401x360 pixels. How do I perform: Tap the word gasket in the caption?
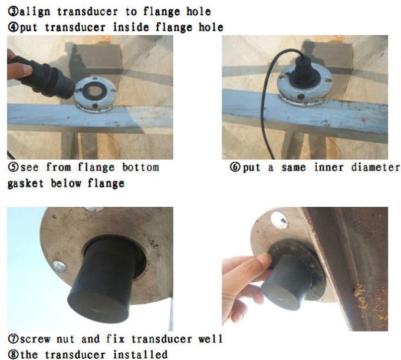pos(26,183)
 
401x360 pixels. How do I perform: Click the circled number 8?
pos(12,354)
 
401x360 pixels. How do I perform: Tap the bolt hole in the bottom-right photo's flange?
pos(280,221)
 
